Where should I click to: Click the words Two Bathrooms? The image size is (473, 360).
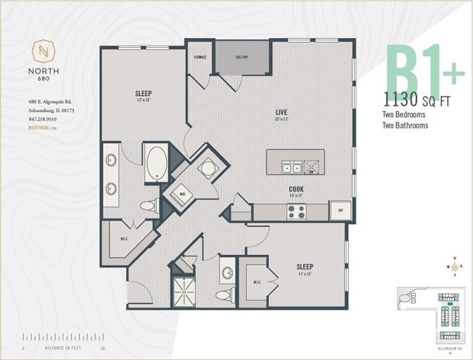click(405, 125)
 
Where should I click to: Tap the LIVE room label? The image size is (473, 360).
click(281, 113)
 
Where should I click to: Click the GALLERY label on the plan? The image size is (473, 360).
click(242, 56)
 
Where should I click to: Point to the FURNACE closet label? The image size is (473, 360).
click(200, 56)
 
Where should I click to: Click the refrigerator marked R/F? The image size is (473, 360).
click(340, 211)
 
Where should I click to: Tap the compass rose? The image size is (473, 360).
click(454, 266)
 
